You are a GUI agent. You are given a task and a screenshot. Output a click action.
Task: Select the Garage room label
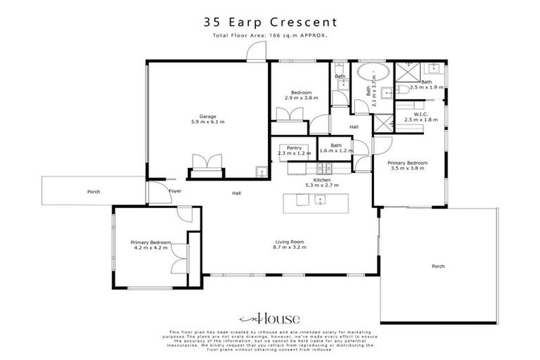[x=207, y=116]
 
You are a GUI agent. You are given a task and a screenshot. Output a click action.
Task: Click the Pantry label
[x=284, y=148]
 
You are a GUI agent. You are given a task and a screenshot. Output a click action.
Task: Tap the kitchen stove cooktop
[x=325, y=167]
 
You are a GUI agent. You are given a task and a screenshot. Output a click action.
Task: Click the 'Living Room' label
[x=290, y=242]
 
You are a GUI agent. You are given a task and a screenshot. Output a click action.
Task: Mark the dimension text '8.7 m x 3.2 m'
[x=290, y=247]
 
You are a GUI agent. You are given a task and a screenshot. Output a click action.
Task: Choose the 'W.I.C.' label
[x=421, y=114]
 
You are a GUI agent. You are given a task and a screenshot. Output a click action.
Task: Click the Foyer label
[x=175, y=191]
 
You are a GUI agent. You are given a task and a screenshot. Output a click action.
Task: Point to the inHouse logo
[x=269, y=317]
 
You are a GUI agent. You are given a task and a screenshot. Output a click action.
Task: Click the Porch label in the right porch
[x=438, y=266]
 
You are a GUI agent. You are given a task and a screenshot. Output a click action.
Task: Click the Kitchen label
[x=322, y=180]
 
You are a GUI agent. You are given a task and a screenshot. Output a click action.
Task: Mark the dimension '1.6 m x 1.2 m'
[x=336, y=151]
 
